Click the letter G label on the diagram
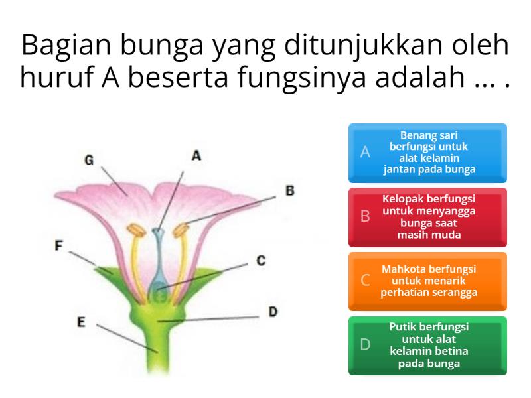pyautogui.click(x=88, y=160)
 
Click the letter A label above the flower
pyautogui.click(x=196, y=155)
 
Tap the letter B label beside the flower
pyautogui.click(x=289, y=190)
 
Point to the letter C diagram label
pyautogui.click(x=261, y=261)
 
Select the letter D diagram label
pyautogui.click(x=273, y=311)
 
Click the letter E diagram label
pyautogui.click(x=81, y=322)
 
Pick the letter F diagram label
pyautogui.click(x=59, y=245)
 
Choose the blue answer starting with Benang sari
pyautogui.click(x=427, y=153)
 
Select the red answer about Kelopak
pyautogui.click(x=427, y=217)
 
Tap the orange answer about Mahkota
pyautogui.click(x=427, y=281)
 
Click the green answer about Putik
pyautogui.click(x=427, y=346)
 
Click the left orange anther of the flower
pyautogui.click(x=137, y=232)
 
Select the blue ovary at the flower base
pyautogui.click(x=157, y=289)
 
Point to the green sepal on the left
pyautogui.click(x=107, y=271)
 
